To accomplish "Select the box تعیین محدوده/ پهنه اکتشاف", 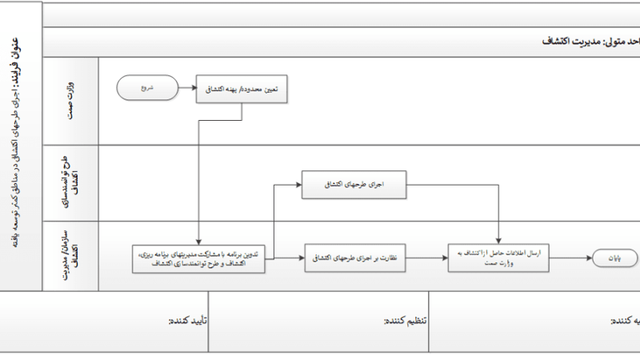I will click(x=242, y=90).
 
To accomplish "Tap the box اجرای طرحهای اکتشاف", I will click(x=354, y=185).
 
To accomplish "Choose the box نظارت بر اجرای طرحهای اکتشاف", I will click(x=354, y=258).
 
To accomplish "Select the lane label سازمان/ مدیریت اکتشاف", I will click(x=71, y=255).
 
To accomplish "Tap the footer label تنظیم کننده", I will click(x=406, y=321).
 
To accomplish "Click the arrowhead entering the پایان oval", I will click(x=589, y=258).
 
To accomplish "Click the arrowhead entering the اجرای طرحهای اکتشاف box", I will click(x=298, y=185).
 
